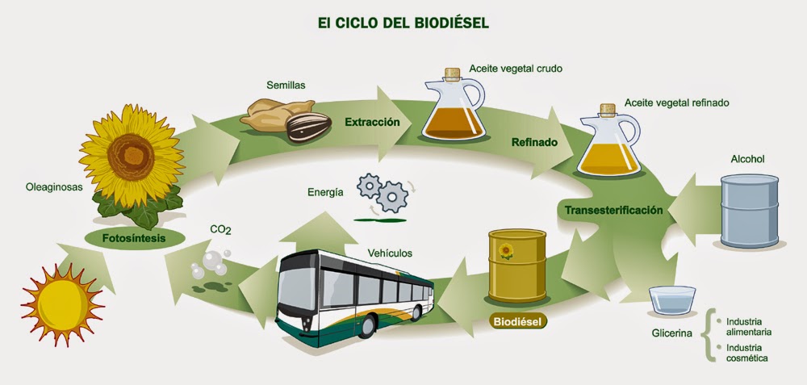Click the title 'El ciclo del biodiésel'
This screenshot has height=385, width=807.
tap(403, 22)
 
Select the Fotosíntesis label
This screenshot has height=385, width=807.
tap(134, 239)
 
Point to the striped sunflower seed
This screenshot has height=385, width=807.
tap(308, 127)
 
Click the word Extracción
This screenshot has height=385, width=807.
tap(372, 123)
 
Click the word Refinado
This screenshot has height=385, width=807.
tap(534, 143)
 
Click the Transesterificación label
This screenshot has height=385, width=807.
tap(613, 211)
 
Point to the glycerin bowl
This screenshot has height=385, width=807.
tap(672, 299)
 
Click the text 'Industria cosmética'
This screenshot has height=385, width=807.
tap(746, 352)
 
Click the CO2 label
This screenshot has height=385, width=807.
tap(220, 230)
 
